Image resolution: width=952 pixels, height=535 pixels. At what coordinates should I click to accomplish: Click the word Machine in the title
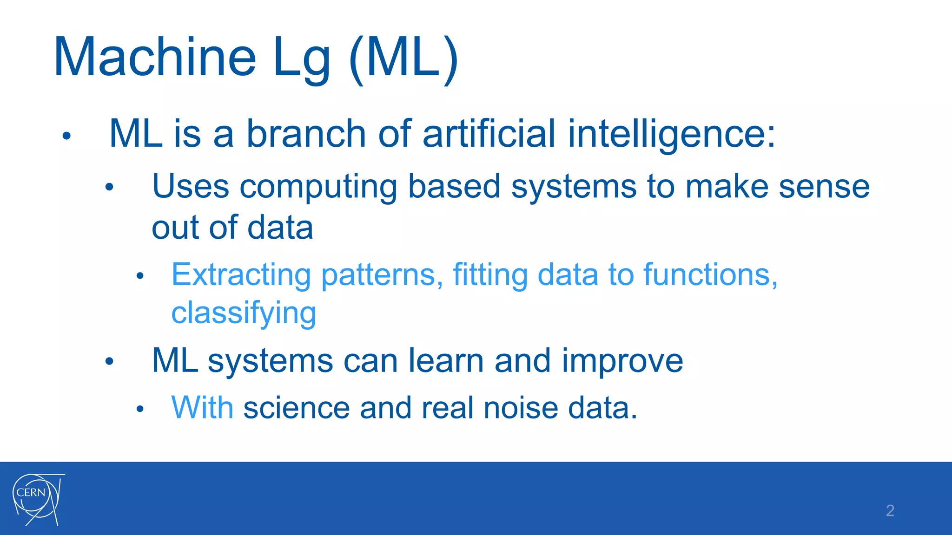[155, 58]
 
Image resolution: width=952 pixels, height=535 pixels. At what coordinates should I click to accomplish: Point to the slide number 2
[890, 510]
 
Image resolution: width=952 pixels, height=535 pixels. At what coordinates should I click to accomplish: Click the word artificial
[489, 134]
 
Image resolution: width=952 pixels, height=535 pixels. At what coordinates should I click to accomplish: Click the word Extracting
[241, 275]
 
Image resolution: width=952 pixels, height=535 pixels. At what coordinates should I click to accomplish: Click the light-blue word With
[202, 408]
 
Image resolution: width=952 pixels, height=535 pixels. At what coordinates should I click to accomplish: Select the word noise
[521, 408]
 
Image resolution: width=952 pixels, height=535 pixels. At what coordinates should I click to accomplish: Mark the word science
[296, 408]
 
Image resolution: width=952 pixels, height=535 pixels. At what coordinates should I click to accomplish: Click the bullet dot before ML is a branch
[66, 136]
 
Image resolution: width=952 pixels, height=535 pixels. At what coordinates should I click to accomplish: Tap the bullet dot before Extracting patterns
[140, 277]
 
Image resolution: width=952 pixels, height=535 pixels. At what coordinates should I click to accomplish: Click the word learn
[446, 361]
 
